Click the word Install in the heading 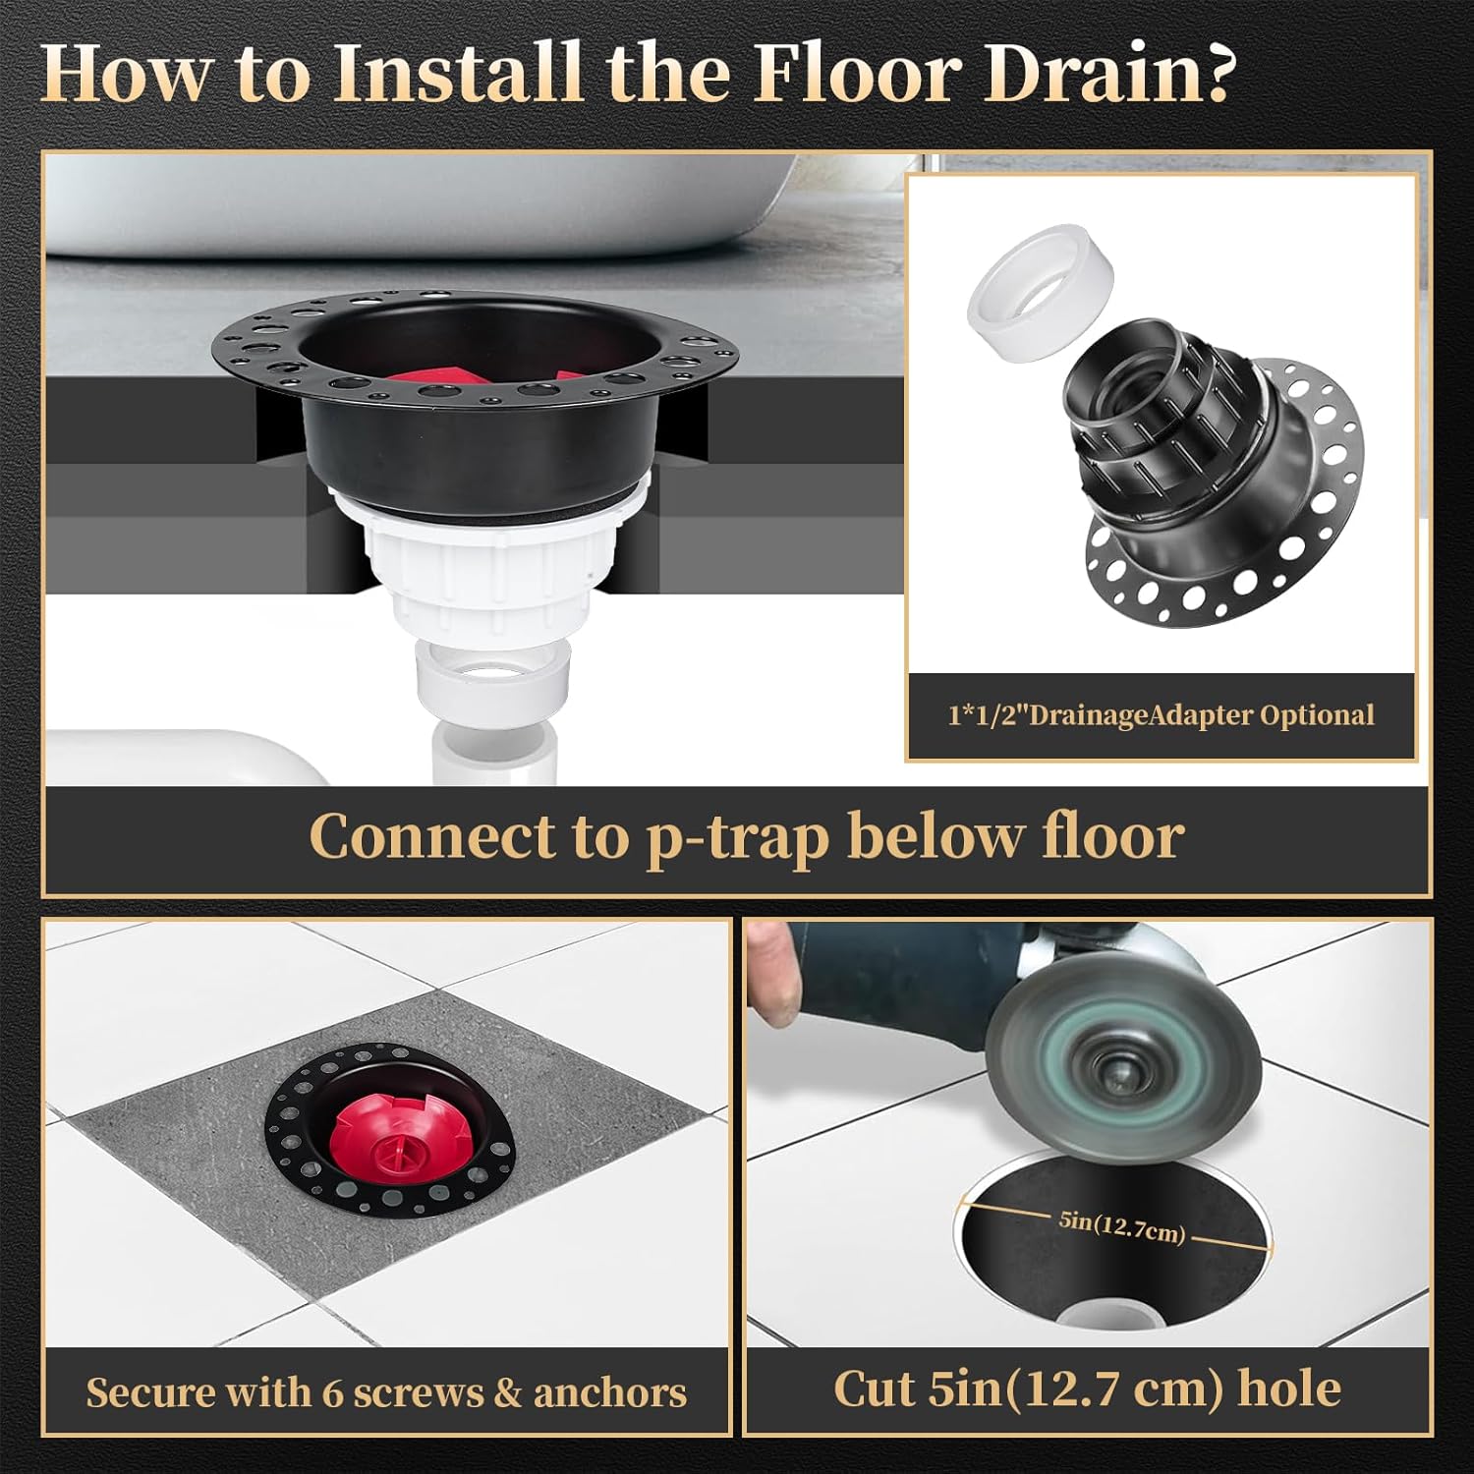[x=458, y=74]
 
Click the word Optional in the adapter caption [x=1317, y=714]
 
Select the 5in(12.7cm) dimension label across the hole [x=1121, y=1227]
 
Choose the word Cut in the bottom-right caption [x=873, y=1389]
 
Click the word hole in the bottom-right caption [x=1288, y=1389]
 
